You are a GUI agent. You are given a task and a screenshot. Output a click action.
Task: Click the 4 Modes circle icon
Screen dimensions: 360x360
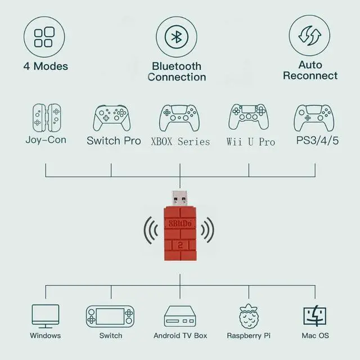point(44,36)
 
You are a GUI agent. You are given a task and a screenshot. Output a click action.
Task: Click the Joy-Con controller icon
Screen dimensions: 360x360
point(46,116)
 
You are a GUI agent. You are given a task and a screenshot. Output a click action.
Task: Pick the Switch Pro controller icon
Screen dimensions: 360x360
point(111,117)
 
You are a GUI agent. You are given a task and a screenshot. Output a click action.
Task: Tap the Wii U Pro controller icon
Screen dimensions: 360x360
point(249,117)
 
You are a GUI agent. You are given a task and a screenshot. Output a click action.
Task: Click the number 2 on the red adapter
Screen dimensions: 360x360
point(180,245)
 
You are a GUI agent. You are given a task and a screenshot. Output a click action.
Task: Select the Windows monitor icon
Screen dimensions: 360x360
point(46,316)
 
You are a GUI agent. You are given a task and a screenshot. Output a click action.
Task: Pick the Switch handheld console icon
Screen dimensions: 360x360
point(110,317)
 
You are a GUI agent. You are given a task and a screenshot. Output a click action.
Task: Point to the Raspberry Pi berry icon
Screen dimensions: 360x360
point(249,316)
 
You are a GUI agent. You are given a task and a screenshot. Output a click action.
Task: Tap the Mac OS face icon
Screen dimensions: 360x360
point(316,316)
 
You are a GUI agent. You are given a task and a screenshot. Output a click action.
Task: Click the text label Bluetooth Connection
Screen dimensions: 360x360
point(177,71)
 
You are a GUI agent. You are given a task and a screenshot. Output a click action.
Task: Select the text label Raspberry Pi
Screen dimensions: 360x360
point(249,336)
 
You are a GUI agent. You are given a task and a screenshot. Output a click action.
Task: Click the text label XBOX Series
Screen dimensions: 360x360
point(180,141)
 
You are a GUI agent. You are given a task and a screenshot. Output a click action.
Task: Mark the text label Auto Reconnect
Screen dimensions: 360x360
point(310,70)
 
